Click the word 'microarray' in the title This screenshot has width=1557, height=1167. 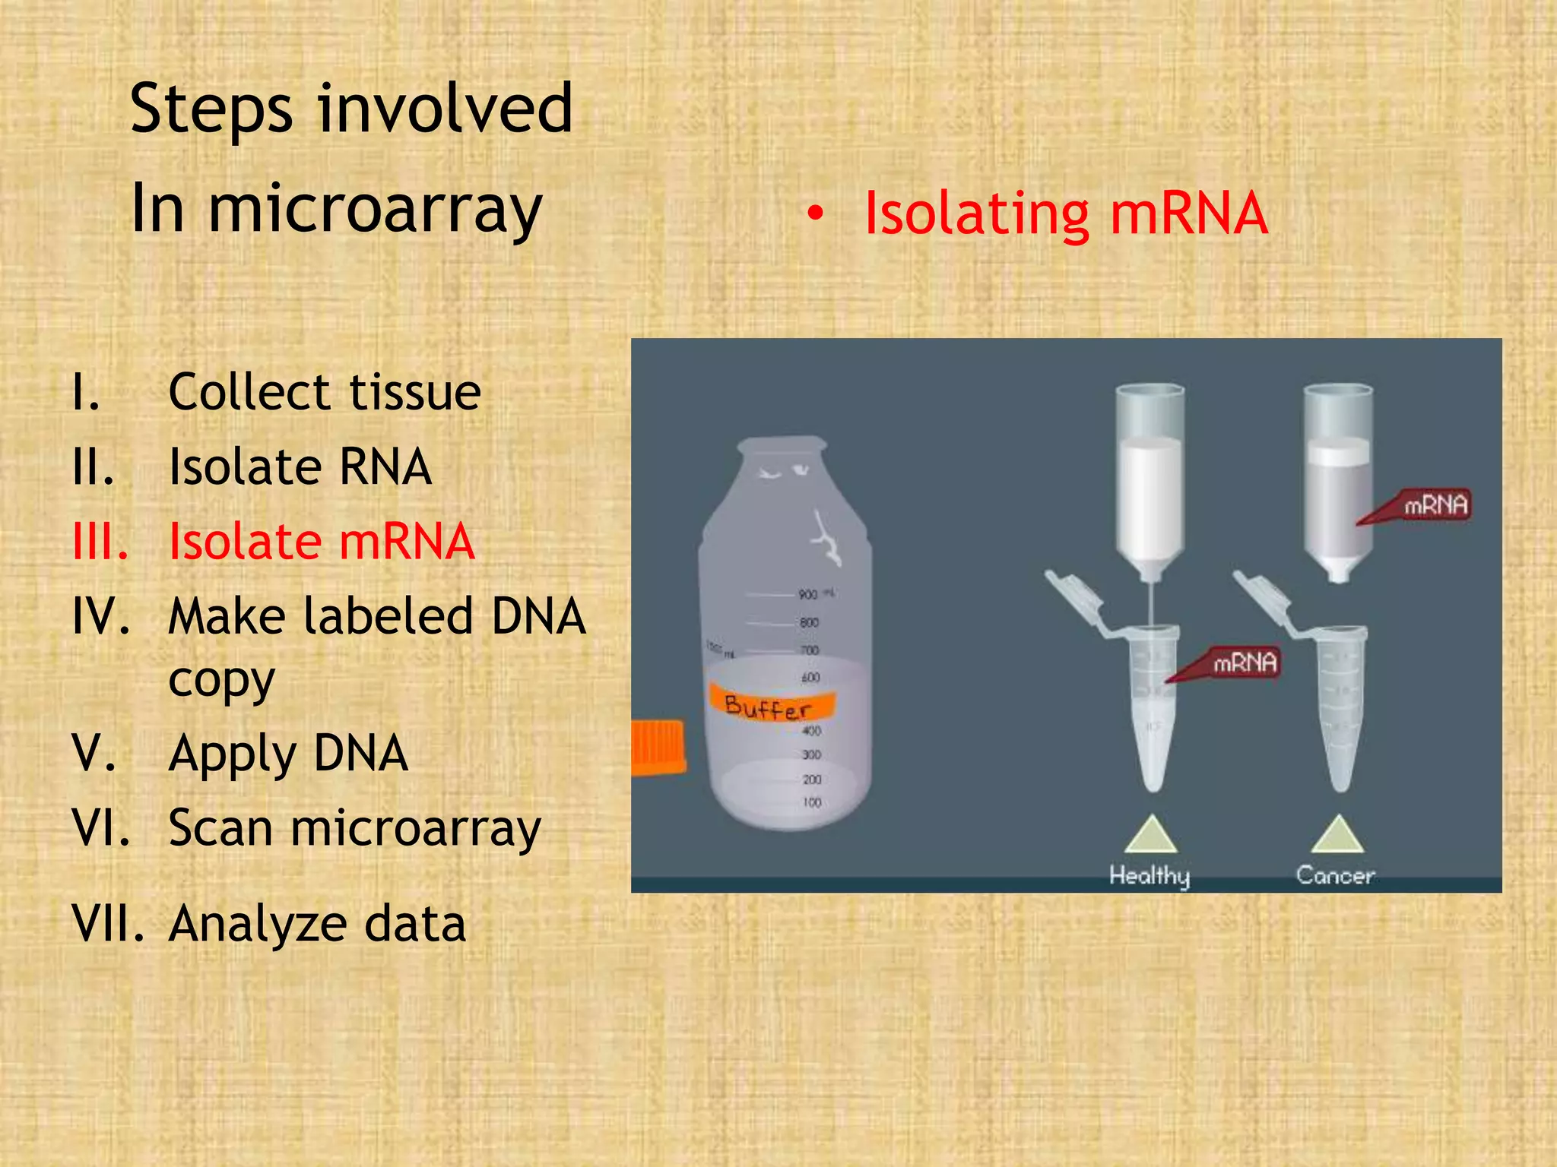(x=375, y=209)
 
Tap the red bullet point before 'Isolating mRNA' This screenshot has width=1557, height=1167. (x=815, y=215)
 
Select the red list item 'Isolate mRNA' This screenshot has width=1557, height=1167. (x=322, y=542)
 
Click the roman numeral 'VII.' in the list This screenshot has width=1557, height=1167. (x=107, y=924)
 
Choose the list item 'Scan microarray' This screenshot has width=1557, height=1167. (x=354, y=827)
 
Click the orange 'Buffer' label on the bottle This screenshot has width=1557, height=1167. (x=769, y=705)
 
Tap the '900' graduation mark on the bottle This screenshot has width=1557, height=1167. (x=808, y=594)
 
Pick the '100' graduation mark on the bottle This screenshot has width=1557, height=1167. (x=812, y=802)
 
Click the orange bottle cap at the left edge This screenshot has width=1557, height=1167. (x=658, y=748)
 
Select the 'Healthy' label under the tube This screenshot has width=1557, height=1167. (x=1150, y=875)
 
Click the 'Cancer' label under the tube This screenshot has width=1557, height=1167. (x=1335, y=875)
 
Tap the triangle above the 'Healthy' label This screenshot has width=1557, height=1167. (x=1151, y=837)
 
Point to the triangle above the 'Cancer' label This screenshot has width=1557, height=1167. (x=1337, y=837)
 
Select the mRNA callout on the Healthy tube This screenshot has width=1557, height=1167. (x=1244, y=663)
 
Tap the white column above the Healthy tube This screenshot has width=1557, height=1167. (x=1150, y=486)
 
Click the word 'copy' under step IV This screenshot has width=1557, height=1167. (x=221, y=680)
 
